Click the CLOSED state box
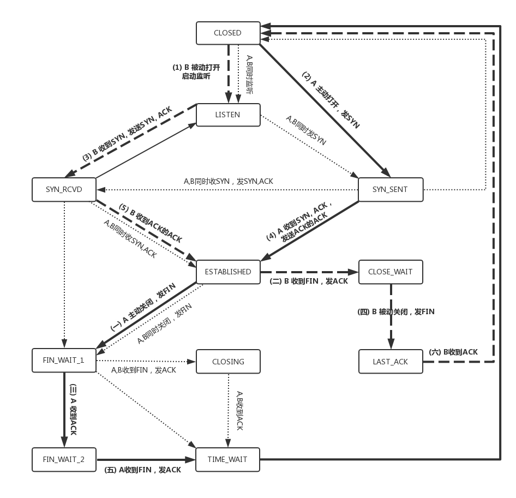(x=227, y=33)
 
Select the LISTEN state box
(x=227, y=115)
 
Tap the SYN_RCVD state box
(x=64, y=189)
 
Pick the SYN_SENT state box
(x=390, y=189)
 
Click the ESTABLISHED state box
(x=227, y=272)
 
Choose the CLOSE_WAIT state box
(x=390, y=272)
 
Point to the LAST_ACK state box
(x=390, y=362)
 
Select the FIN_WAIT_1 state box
(x=64, y=360)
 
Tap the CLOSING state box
(x=227, y=361)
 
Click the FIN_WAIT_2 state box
(x=64, y=459)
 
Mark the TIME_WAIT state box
(x=227, y=459)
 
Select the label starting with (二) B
(x=308, y=281)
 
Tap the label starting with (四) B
(x=395, y=312)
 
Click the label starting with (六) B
(x=453, y=352)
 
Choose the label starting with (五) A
(x=142, y=469)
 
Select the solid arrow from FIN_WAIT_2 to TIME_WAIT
(x=145, y=459)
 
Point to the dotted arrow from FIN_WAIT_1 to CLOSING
(x=145, y=361)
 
